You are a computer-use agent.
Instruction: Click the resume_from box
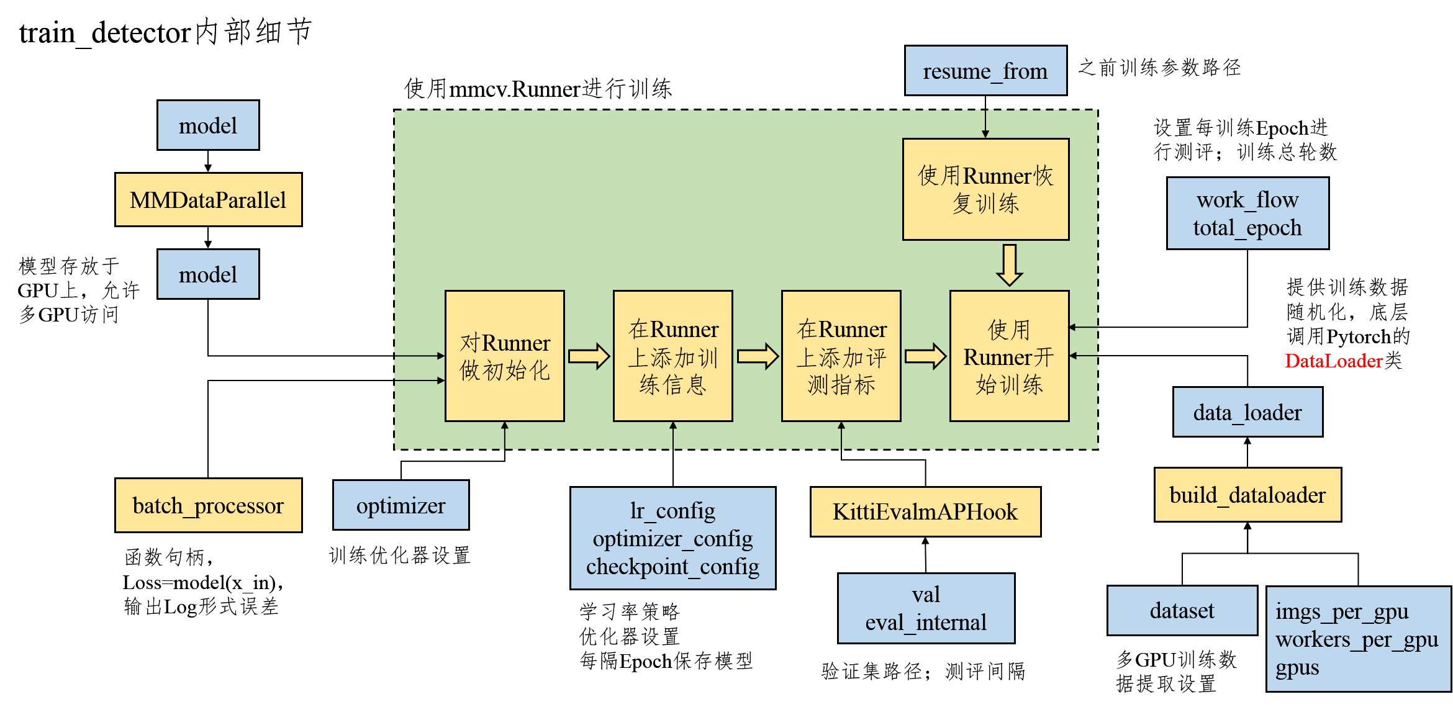985,71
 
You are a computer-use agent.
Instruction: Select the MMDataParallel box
208,200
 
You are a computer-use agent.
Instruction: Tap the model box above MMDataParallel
208,125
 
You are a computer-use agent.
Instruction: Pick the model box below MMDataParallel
208,274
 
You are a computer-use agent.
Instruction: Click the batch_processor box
208,505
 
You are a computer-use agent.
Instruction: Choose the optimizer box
401,505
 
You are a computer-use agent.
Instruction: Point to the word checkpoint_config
672,566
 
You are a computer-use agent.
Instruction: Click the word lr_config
672,510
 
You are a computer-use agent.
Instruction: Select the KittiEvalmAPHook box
925,511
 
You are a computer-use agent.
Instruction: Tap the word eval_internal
925,622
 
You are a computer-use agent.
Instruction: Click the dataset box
1182,610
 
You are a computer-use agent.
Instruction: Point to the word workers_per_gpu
1357,639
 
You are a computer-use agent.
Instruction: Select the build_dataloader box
1247,495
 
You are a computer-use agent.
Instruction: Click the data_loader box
1247,412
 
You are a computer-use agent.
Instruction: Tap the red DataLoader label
1334,361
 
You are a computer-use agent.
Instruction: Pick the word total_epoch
1247,228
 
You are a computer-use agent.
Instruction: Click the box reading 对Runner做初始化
505,356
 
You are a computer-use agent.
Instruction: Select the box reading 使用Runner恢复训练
985,189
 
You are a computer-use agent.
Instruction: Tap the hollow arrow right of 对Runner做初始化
589,356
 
